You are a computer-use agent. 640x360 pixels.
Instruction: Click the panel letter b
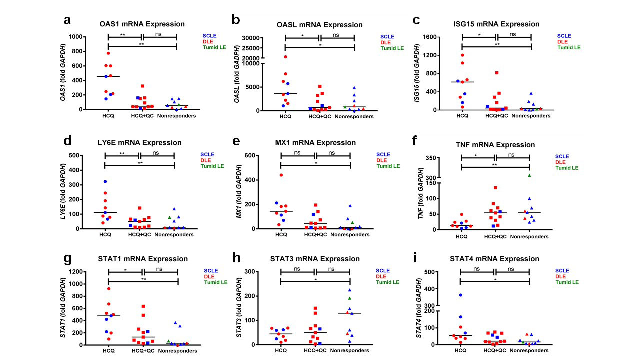pyautogui.click(x=236, y=20)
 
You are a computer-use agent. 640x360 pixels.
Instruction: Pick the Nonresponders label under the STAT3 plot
pyautogui.click(x=350, y=351)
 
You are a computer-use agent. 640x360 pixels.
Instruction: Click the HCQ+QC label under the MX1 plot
pyautogui.click(x=315, y=235)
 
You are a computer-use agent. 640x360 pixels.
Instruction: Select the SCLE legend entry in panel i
pyautogui.click(x=564, y=271)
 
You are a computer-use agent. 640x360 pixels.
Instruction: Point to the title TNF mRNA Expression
pyautogui.click(x=495, y=145)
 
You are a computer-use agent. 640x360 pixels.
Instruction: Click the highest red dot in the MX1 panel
pyautogui.click(x=281, y=175)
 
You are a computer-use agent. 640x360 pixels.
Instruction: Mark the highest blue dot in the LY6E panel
pyautogui.click(x=105, y=181)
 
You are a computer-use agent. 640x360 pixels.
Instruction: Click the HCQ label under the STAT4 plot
pyautogui.click(x=460, y=351)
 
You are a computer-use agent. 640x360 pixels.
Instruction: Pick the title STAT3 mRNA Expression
pyautogui.click(x=315, y=259)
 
